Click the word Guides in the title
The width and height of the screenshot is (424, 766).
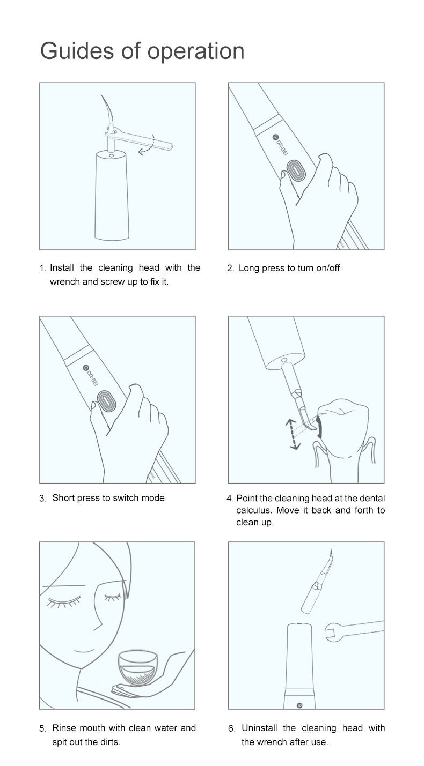[77, 51]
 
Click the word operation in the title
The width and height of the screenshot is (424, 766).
[196, 52]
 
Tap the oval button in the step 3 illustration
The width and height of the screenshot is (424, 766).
[106, 401]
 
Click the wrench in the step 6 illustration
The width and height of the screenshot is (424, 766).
[354, 630]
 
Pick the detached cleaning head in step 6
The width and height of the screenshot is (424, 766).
[317, 582]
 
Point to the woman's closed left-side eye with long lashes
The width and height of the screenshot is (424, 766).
[64, 601]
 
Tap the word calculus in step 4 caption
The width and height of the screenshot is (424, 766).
[254, 510]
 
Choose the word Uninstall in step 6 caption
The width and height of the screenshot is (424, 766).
[259, 728]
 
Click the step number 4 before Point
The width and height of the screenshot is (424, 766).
[230, 499]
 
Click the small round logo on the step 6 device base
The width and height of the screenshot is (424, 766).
[299, 705]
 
